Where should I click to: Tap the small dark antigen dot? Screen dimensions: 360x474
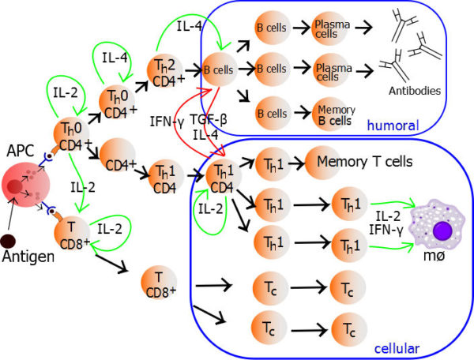click(x=8, y=240)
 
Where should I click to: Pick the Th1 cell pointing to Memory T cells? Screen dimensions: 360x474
click(x=269, y=163)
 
